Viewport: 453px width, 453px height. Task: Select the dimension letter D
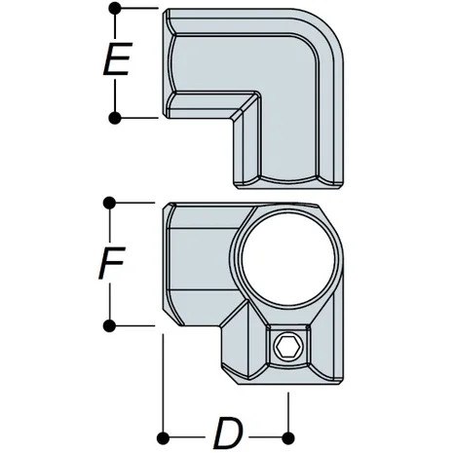click(227, 429)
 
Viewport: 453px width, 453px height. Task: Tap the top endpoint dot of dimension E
click(115, 9)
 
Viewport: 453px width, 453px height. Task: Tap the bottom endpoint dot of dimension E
click(115, 118)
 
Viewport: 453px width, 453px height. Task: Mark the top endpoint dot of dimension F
click(110, 204)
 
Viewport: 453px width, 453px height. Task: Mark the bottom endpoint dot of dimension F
click(110, 324)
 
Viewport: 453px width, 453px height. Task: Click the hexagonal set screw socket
click(287, 348)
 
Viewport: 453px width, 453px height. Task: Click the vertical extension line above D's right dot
click(289, 409)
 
